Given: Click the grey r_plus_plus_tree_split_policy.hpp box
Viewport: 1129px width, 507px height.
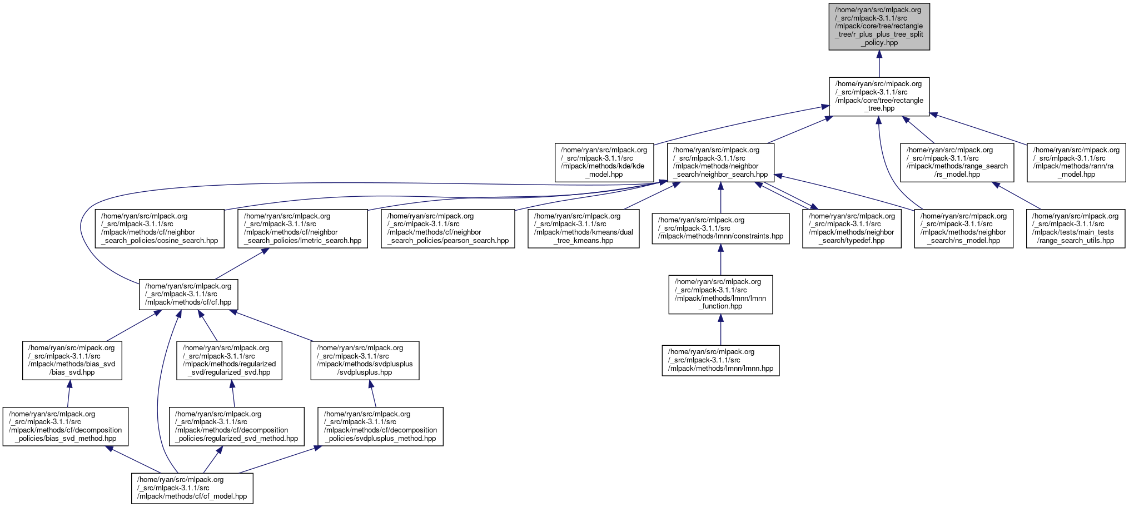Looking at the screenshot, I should [x=879, y=26].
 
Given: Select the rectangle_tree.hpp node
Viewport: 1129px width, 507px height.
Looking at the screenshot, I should [x=879, y=96].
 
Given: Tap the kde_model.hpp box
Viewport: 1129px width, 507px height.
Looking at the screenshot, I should [x=604, y=162].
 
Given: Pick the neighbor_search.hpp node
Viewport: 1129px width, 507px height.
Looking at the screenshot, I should [x=720, y=162].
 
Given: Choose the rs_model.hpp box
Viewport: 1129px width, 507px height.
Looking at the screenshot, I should [x=957, y=162].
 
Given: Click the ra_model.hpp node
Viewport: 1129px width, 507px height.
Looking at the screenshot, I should [x=1076, y=162].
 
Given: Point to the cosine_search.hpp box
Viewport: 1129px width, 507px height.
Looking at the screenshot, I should [x=160, y=228].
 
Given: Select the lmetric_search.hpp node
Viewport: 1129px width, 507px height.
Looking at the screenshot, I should [x=303, y=228].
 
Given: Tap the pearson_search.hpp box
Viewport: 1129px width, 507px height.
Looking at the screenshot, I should [x=448, y=228].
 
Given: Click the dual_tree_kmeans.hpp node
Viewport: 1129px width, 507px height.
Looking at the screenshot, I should [x=584, y=228].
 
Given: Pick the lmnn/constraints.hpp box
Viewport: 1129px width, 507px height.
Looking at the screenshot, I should [x=720, y=228].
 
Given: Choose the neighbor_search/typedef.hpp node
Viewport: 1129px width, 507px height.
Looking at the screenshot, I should [x=852, y=228].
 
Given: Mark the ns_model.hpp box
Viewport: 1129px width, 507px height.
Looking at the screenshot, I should [x=963, y=228].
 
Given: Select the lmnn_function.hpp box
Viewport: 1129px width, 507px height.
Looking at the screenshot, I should [x=720, y=294].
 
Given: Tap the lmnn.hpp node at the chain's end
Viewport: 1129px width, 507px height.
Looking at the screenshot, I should [x=720, y=360].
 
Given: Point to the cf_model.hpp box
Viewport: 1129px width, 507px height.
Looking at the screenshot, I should [x=192, y=488].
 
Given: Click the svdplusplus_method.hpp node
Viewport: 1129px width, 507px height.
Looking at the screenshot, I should [x=381, y=426].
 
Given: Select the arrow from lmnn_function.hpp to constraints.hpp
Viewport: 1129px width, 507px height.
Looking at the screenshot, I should [x=720, y=260].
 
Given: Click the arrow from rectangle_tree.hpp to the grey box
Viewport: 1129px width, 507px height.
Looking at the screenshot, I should [x=879, y=63].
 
